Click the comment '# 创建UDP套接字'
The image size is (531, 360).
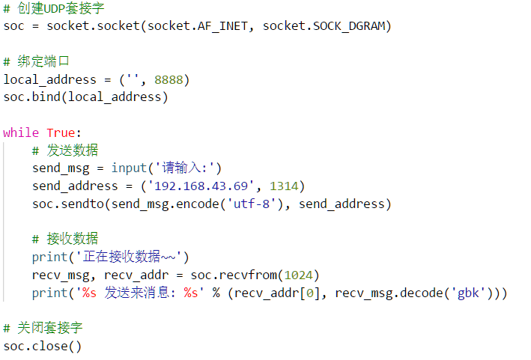click(x=53, y=9)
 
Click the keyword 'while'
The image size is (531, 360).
click(x=21, y=132)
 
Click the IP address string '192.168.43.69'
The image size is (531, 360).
click(x=205, y=186)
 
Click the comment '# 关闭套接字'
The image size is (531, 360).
click(x=43, y=328)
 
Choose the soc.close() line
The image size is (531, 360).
click(x=43, y=346)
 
